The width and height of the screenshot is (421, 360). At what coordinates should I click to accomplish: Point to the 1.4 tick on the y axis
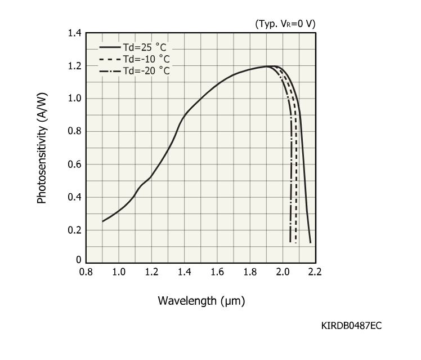[74, 33]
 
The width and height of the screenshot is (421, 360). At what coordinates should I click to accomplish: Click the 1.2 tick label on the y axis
[74, 66]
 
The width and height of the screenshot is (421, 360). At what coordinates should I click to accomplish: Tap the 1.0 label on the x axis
[119, 272]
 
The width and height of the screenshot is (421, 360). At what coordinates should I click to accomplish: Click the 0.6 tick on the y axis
[74, 165]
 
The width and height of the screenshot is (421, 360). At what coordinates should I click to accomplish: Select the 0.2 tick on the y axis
[74, 230]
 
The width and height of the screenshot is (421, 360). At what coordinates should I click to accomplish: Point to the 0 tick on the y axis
[79, 260]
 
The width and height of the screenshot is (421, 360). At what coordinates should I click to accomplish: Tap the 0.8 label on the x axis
[86, 272]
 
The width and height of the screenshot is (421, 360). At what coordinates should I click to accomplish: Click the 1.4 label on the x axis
[184, 272]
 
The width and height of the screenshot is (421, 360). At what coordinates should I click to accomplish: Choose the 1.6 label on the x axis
[217, 272]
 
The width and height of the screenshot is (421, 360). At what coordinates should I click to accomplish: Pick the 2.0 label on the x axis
[282, 272]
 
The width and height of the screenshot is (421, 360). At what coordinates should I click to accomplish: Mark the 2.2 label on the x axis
[315, 272]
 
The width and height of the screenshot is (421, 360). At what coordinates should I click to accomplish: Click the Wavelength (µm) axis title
[200, 300]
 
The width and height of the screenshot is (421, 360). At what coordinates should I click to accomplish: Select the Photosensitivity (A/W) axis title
[42, 148]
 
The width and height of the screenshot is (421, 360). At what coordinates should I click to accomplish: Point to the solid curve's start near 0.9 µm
[102, 221]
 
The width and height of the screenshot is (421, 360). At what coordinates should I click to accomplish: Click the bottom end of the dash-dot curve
[290, 242]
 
